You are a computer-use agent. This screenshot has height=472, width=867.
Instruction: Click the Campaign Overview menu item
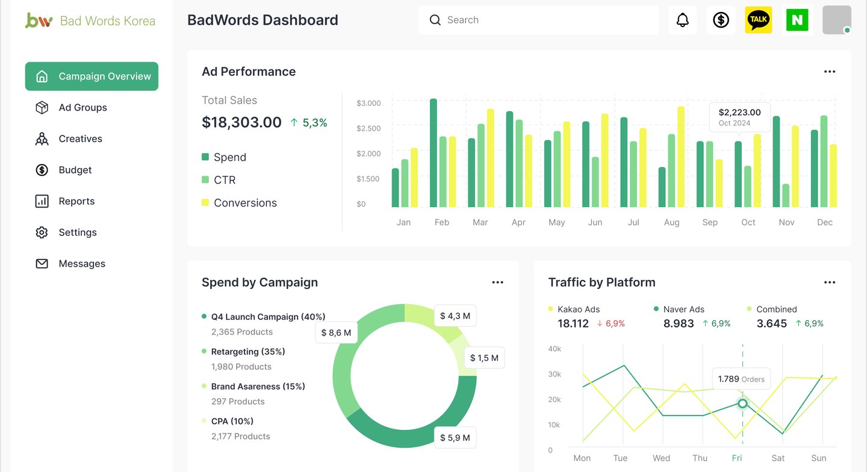92,76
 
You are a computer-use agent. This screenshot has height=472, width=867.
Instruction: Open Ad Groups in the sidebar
82,108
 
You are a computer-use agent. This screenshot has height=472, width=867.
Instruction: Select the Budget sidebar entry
75,170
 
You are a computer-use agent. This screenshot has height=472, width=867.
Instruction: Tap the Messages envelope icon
42,264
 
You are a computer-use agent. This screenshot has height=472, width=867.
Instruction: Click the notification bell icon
682,20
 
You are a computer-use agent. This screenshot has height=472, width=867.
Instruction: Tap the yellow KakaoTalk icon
759,20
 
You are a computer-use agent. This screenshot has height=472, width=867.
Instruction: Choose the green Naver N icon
797,20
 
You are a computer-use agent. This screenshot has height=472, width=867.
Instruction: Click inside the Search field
542,20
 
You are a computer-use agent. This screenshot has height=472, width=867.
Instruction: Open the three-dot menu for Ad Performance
830,72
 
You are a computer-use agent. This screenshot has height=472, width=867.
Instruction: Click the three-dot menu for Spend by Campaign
497,282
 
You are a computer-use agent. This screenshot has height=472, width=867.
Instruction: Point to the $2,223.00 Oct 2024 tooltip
739,117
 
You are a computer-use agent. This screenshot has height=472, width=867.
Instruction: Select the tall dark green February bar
433,153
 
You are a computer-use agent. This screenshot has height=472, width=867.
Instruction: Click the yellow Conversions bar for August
681,157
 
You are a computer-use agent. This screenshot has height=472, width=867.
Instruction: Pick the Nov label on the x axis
786,223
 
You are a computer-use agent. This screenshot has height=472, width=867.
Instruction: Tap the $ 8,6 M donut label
336,332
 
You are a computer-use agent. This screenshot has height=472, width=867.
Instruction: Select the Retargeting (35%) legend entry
248,352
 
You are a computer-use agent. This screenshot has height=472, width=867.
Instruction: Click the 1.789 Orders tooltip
741,379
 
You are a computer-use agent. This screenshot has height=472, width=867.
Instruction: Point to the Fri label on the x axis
737,458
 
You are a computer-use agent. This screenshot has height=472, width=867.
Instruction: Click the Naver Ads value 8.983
679,324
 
